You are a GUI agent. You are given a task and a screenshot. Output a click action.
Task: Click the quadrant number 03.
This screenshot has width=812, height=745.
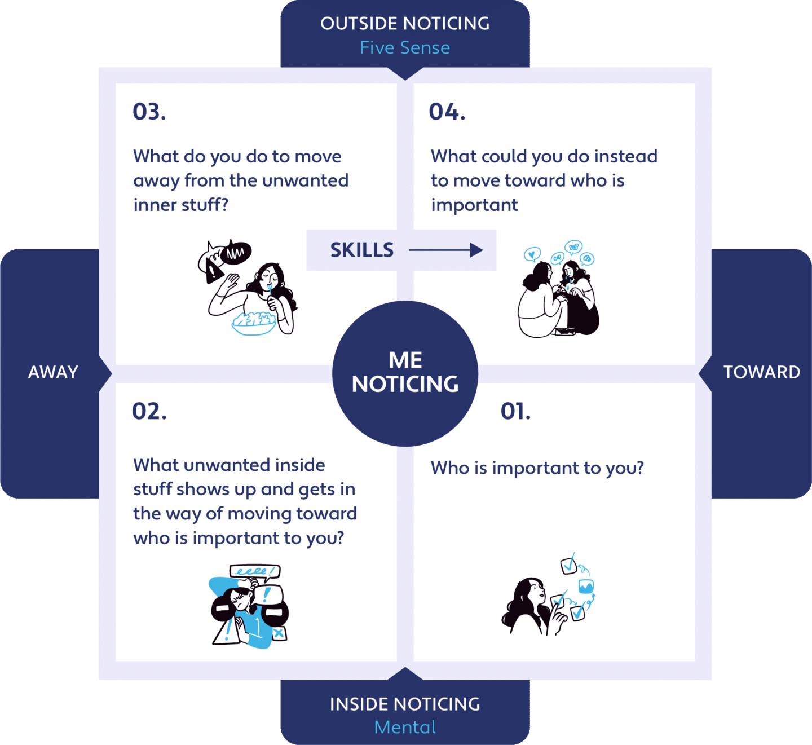[149, 112]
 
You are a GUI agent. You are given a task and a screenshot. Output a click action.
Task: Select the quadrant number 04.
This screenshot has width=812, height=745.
[447, 112]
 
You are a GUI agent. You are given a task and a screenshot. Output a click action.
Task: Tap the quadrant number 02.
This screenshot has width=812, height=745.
[149, 411]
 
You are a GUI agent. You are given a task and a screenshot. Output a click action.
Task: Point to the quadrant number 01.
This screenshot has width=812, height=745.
[515, 411]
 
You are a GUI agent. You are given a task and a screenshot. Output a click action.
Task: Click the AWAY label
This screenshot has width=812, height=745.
[53, 372]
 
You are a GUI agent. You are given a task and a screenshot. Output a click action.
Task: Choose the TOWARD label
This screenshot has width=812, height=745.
[762, 372]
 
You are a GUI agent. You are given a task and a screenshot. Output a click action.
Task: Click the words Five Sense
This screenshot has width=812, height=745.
[405, 48]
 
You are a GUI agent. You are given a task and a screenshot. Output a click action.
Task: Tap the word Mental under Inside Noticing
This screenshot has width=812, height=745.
[405, 727]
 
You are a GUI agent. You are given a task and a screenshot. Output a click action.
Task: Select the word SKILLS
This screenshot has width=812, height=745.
[362, 250]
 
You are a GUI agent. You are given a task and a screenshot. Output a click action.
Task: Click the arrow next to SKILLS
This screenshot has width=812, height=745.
[446, 250]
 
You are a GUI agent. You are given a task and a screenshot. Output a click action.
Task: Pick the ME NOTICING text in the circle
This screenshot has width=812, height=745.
[405, 372]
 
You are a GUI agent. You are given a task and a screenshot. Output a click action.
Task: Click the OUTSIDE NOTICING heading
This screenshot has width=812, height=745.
[405, 24]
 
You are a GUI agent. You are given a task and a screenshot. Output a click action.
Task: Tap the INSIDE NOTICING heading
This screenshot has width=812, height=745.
[405, 704]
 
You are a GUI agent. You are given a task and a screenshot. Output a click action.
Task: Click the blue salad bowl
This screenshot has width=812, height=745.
[253, 324]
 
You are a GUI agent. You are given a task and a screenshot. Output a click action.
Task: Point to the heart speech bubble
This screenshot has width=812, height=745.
[532, 254]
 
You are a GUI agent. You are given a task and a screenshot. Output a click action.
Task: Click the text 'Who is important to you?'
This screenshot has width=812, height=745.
[537, 469]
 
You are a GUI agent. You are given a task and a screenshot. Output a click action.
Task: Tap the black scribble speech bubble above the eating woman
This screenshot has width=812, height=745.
[236, 253]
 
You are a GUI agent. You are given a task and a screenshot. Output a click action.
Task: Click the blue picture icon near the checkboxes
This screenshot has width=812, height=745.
[586, 587]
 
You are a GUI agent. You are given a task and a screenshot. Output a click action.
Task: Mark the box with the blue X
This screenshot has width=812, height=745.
[279, 633]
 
